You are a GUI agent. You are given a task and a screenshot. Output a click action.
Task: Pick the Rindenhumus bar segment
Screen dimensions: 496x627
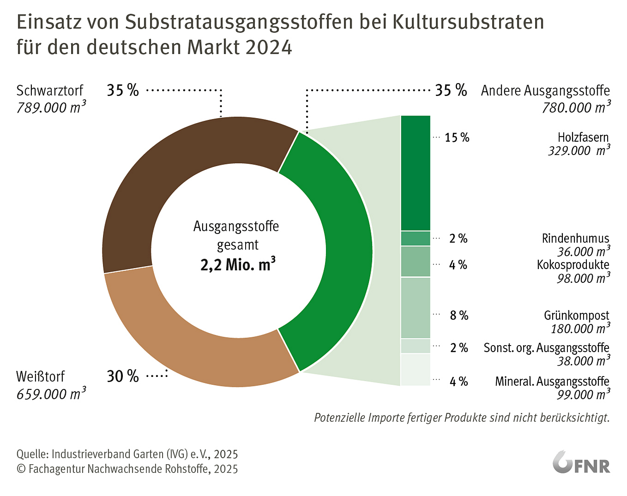(415, 238)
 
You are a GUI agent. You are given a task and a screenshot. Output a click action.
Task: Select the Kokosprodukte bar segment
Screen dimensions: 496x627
(415, 262)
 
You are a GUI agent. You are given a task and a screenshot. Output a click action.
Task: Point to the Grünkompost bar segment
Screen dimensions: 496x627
(415, 308)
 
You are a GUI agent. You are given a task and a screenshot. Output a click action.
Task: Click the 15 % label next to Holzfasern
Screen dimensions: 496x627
(457, 138)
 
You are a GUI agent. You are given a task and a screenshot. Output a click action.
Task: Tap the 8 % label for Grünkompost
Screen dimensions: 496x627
(459, 316)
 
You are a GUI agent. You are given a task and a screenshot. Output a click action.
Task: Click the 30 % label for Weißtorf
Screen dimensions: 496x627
(123, 376)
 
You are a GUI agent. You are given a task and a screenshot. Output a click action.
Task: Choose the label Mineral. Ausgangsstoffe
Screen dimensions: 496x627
(552, 381)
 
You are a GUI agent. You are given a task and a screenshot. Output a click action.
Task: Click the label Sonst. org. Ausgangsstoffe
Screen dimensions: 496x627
(546, 348)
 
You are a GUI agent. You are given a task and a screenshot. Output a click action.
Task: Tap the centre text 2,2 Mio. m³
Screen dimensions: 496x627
(238, 265)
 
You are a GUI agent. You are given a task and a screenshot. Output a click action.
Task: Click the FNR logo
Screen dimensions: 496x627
(581, 463)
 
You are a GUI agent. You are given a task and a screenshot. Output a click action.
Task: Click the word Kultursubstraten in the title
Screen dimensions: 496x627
(468, 22)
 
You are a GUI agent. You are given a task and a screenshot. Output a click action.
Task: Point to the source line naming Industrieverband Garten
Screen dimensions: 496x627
(127, 454)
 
